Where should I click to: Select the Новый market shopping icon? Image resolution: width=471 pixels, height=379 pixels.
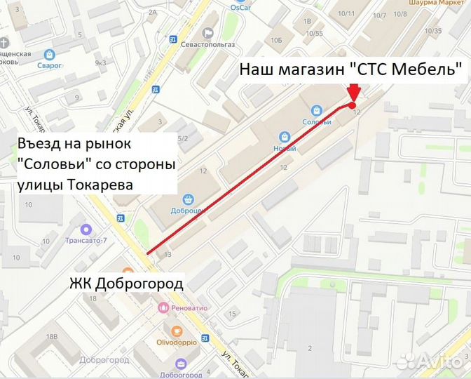284,137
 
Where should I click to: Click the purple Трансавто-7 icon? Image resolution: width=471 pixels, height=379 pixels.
86,229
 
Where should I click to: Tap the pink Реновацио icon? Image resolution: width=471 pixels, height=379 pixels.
163,307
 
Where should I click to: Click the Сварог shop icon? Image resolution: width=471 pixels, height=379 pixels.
50,54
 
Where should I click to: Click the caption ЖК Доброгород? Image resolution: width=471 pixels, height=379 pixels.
126,284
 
